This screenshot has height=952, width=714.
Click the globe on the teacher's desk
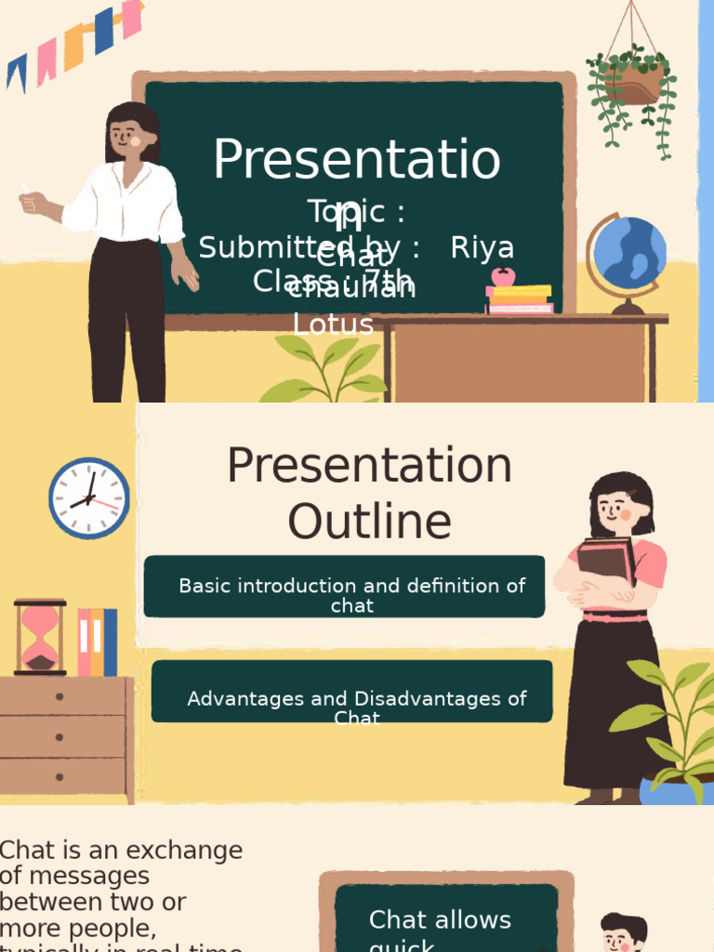(x=629, y=253)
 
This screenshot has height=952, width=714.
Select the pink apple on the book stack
(x=503, y=276)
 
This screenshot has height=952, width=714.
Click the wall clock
(x=89, y=498)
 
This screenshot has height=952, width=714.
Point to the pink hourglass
(x=40, y=636)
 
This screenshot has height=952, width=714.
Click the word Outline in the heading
(x=369, y=522)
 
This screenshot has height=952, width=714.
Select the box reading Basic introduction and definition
(x=345, y=587)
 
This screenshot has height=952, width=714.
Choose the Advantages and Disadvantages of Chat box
(x=352, y=692)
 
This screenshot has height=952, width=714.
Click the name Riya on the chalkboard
(x=482, y=248)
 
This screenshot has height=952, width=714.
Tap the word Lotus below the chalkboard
(x=333, y=324)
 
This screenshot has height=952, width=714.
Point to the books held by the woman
(x=605, y=562)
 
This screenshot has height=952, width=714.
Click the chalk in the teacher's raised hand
(x=25, y=191)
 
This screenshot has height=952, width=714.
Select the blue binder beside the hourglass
(x=110, y=642)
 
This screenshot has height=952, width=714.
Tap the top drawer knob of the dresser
(x=59, y=696)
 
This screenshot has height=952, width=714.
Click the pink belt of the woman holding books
(x=615, y=616)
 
